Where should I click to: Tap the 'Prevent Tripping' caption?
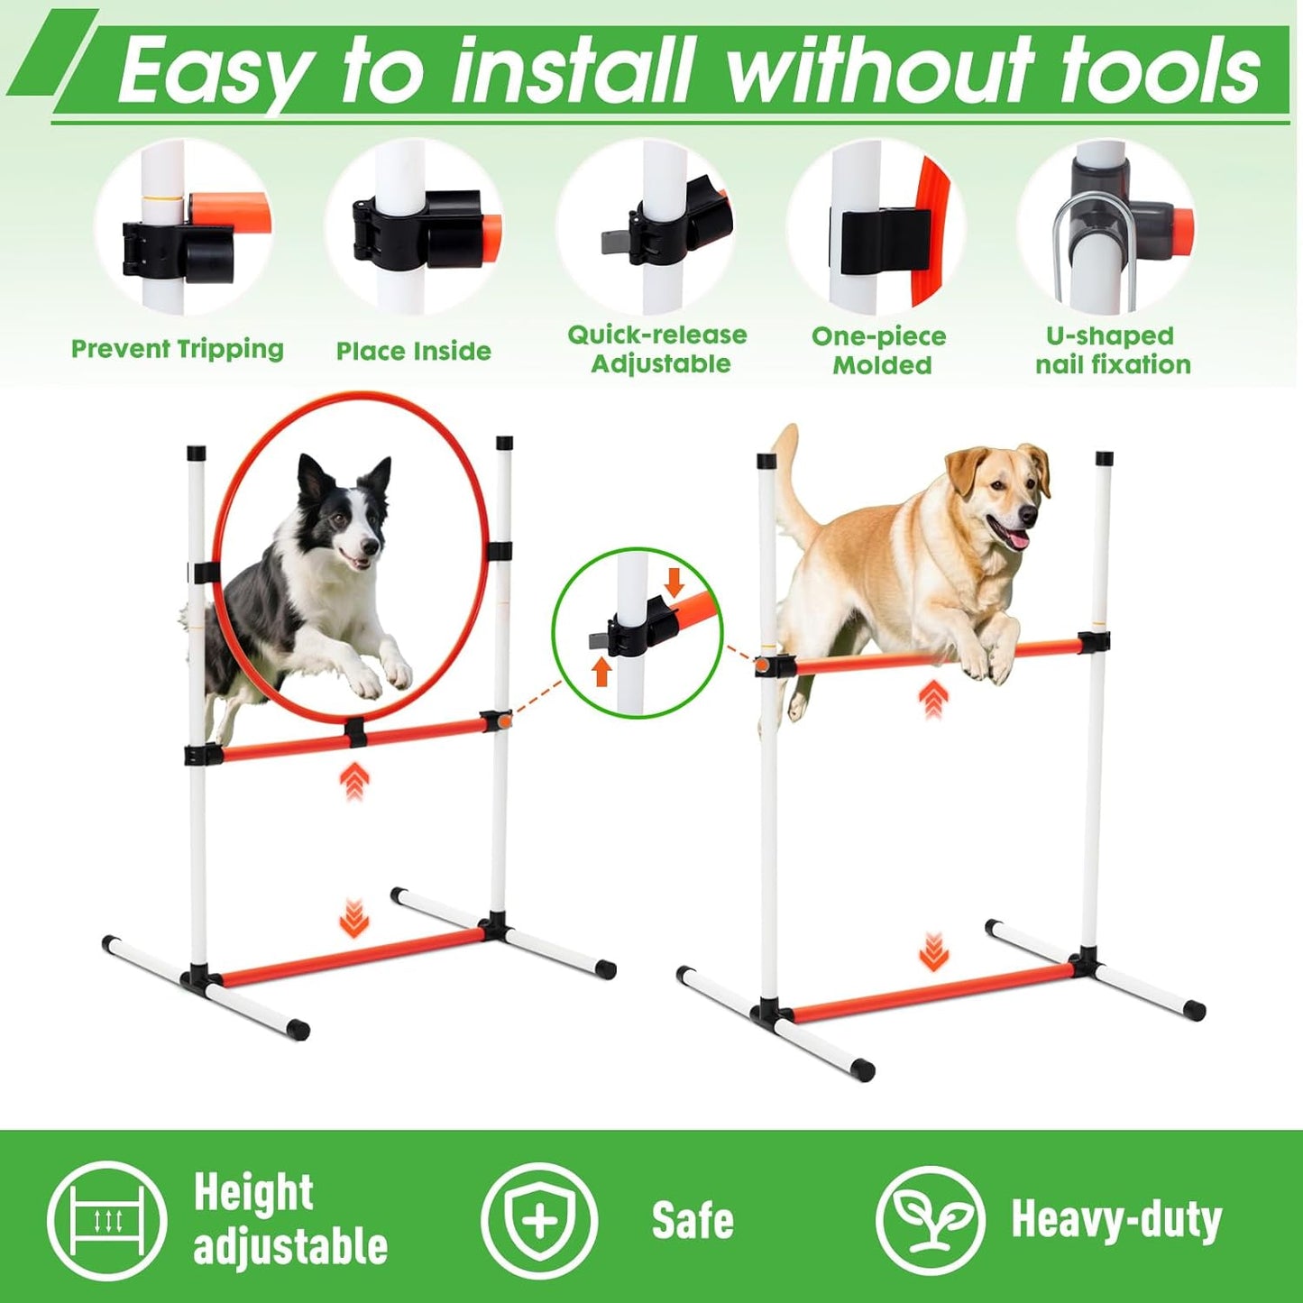pyautogui.click(x=178, y=350)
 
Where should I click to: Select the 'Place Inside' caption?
pyautogui.click(x=413, y=351)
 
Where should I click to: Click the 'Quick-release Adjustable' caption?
pyautogui.click(x=658, y=350)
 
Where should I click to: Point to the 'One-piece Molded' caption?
pyautogui.click(x=880, y=351)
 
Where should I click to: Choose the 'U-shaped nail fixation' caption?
pyautogui.click(x=1112, y=350)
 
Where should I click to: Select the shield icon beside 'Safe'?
pyautogui.click(x=539, y=1220)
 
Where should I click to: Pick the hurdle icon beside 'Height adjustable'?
pyautogui.click(x=107, y=1220)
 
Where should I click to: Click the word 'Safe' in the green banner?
pyautogui.click(x=693, y=1221)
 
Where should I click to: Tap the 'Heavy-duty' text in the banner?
pyautogui.click(x=1116, y=1220)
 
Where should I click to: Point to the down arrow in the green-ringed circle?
pyautogui.click(x=674, y=583)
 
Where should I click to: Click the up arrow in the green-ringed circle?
pyautogui.click(x=602, y=672)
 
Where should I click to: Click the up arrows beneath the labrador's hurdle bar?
pyautogui.click(x=933, y=699)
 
